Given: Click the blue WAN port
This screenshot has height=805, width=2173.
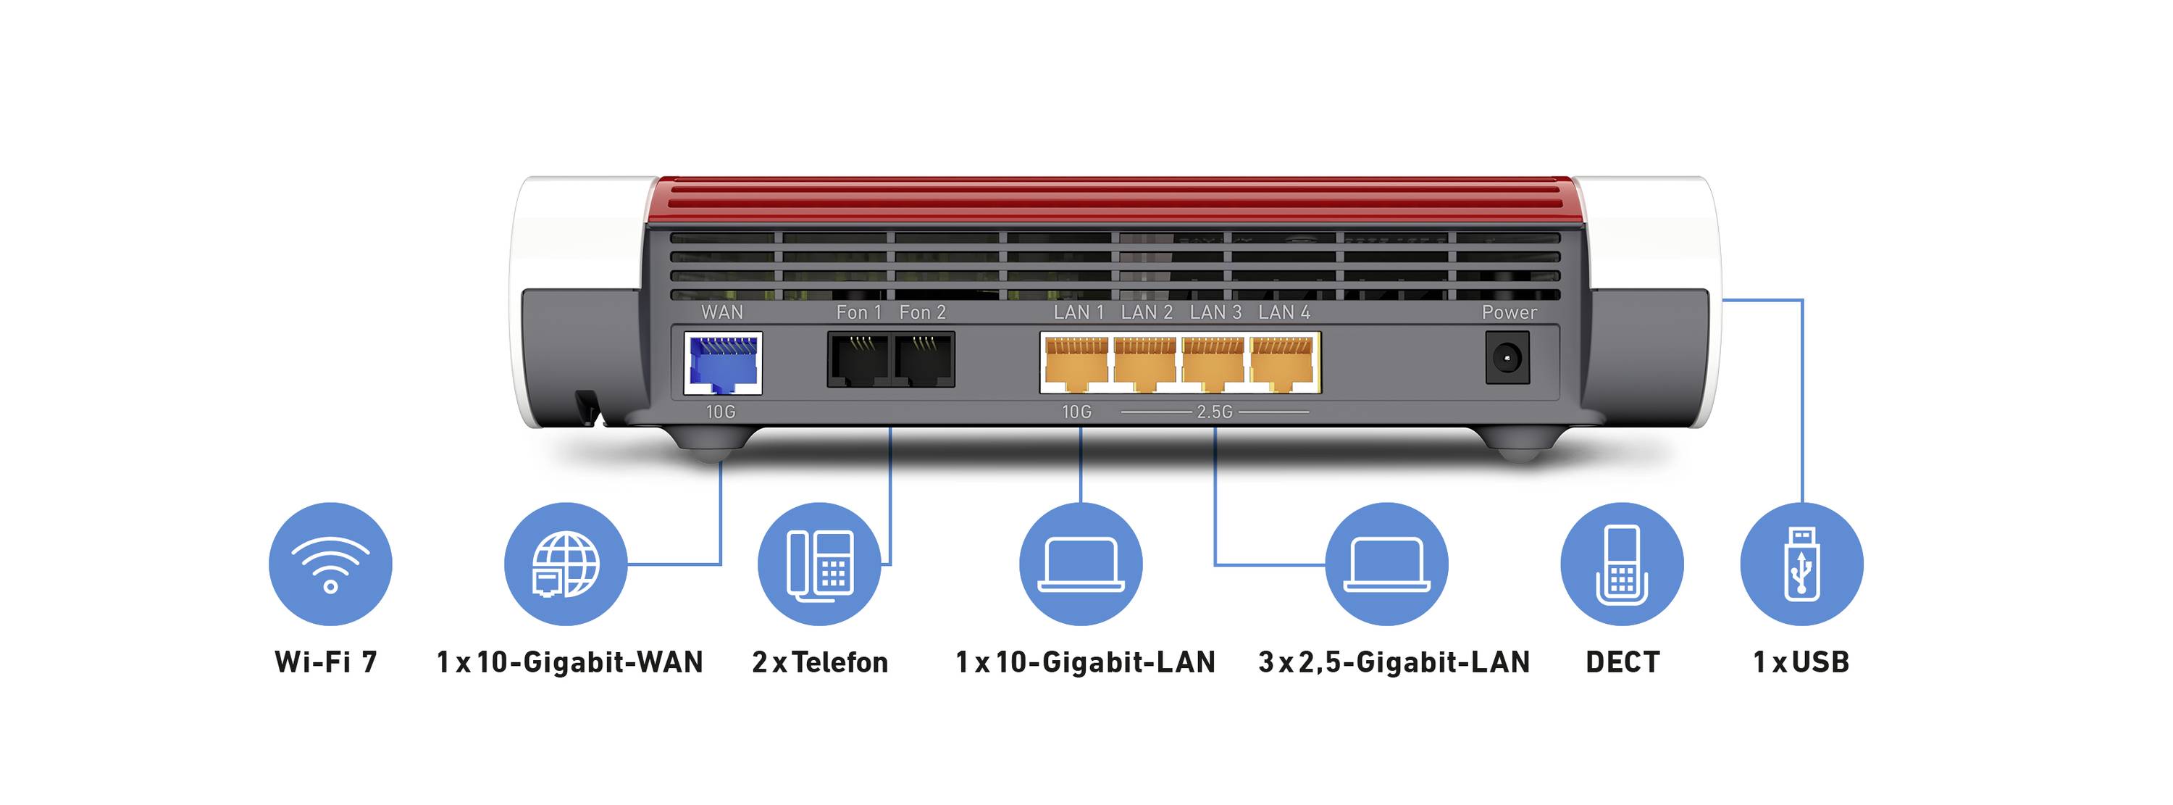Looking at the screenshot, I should point(721,363).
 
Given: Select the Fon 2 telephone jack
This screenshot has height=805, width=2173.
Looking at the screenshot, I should point(924,359).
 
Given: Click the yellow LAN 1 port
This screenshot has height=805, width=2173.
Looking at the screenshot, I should point(1076,363).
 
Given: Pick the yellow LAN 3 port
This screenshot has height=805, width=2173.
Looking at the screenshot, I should point(1213,363).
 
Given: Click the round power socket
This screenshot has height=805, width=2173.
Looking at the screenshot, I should point(1507,359).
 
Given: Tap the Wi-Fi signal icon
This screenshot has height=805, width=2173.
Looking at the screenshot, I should point(330,564).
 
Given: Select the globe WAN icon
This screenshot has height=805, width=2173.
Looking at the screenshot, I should point(565,564).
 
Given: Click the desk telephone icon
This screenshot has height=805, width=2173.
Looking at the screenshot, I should point(819,564).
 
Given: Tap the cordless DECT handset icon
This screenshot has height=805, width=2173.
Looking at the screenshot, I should point(1621,564).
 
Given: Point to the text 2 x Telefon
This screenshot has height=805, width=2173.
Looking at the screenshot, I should point(820,662).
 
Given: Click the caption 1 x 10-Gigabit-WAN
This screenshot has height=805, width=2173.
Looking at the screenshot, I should point(569,662).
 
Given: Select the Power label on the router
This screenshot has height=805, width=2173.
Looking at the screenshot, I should point(1509,312).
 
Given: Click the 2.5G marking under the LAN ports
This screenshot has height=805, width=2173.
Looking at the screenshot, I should point(1215,412).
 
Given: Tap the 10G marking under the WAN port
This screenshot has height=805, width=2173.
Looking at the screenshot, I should point(721,412).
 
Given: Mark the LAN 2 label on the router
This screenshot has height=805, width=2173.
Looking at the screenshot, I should point(1147,312).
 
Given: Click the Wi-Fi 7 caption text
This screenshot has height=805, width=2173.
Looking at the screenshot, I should point(326,662).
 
